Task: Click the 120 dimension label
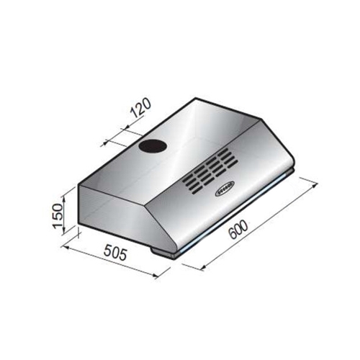click(141, 108)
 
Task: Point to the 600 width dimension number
click(238, 230)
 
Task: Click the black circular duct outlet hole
click(153, 146)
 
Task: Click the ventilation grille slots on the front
click(209, 171)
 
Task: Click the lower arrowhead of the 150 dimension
click(63, 233)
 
